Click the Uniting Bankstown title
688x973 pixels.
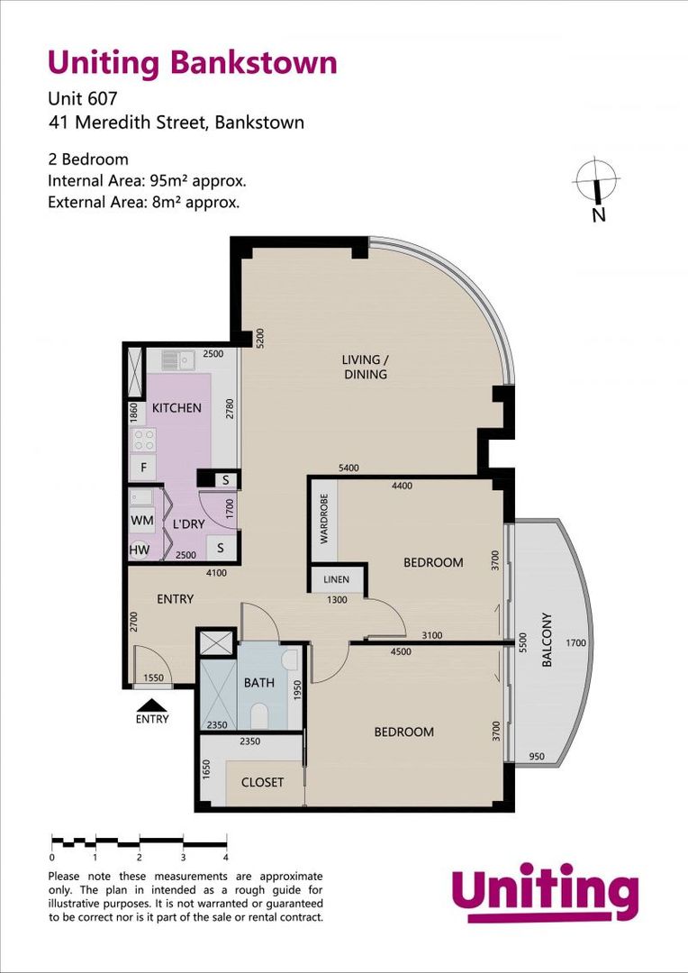click(x=192, y=62)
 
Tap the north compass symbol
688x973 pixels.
click(x=595, y=186)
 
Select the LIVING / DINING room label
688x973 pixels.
click(x=365, y=367)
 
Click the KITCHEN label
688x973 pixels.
click(x=177, y=408)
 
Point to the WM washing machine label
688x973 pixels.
click(x=141, y=521)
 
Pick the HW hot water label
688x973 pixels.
click(x=140, y=550)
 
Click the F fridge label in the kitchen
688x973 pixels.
click(x=142, y=468)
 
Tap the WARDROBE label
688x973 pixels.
click(x=324, y=518)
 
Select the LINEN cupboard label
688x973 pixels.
click(x=338, y=579)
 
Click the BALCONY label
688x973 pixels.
click(x=547, y=640)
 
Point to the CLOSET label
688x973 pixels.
click(x=262, y=782)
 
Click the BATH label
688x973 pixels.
click(x=259, y=683)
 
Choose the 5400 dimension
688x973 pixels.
click(x=349, y=468)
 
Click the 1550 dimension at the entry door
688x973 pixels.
click(x=154, y=677)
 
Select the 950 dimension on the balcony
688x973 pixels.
click(x=539, y=756)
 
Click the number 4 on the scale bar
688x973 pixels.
click(x=225, y=858)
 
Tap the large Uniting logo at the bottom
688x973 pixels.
click(x=545, y=893)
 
